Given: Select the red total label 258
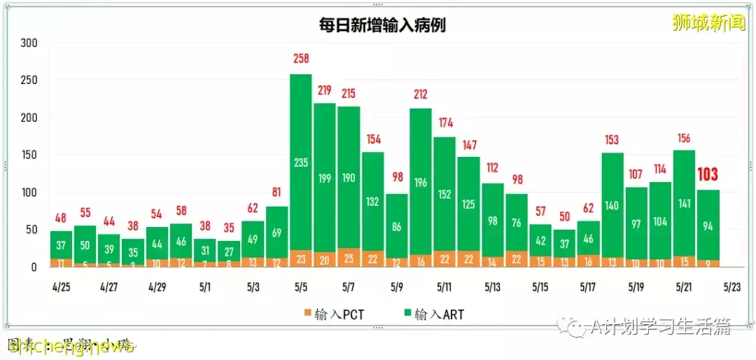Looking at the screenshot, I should tap(301, 59).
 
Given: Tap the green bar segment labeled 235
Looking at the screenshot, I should tap(301, 162).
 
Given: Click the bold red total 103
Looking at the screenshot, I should tap(708, 175).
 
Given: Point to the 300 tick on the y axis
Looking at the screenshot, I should tap(29, 43).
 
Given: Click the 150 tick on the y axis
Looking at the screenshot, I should tap(29, 155).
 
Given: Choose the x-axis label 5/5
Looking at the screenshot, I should tap(301, 287).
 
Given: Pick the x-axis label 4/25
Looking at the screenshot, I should tap(62, 287).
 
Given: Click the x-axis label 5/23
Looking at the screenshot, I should tap(732, 287).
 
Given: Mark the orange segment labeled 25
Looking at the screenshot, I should tap(349, 258).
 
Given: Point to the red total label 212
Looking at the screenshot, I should tap(420, 95).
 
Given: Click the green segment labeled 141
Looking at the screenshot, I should tap(684, 204).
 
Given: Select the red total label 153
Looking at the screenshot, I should tap(612, 139).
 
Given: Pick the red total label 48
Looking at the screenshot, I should tap(62, 217).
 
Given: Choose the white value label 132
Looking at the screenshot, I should tap(372, 202).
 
